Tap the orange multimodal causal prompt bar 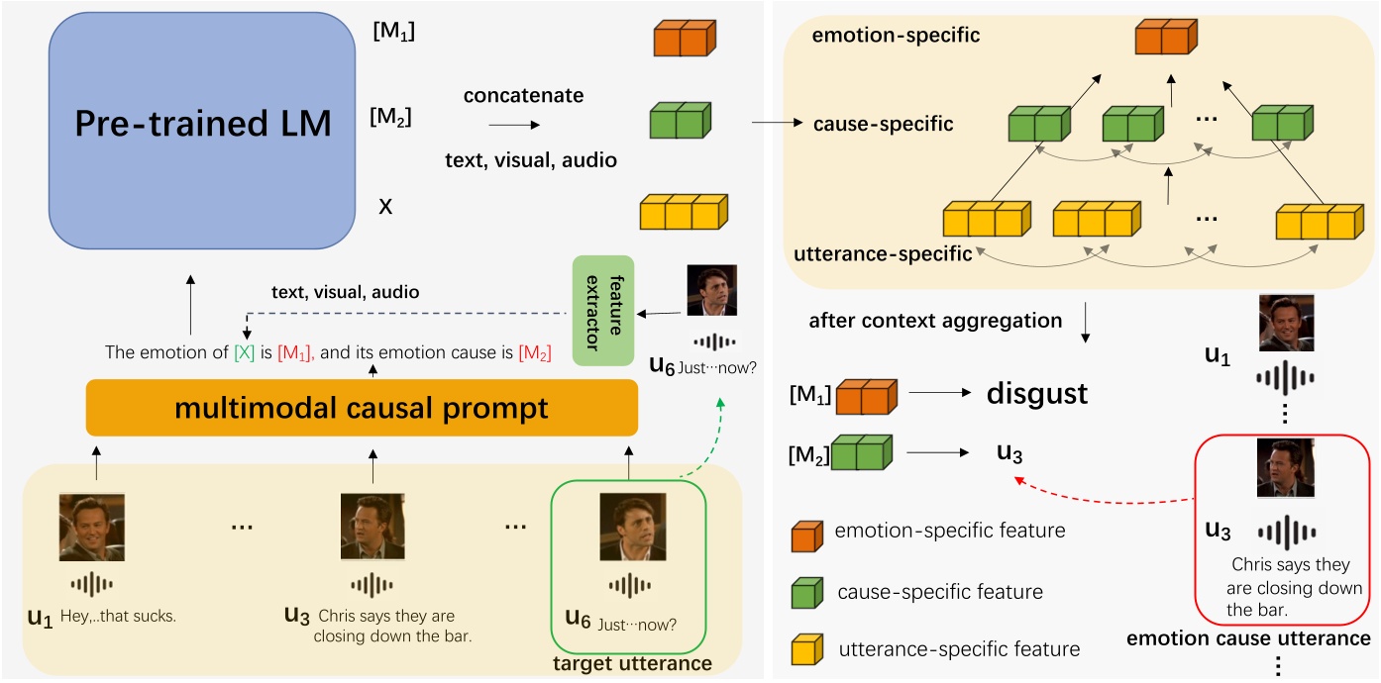coord(362,407)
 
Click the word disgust coord(1036,394)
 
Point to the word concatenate coord(523,96)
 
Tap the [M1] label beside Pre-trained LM coord(392,33)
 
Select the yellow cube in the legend coord(805,649)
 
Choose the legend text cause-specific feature coord(940,592)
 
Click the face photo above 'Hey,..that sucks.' coord(91,528)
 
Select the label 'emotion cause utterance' coord(1248,638)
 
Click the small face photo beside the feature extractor coord(711,290)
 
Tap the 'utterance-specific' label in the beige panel coord(883,254)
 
